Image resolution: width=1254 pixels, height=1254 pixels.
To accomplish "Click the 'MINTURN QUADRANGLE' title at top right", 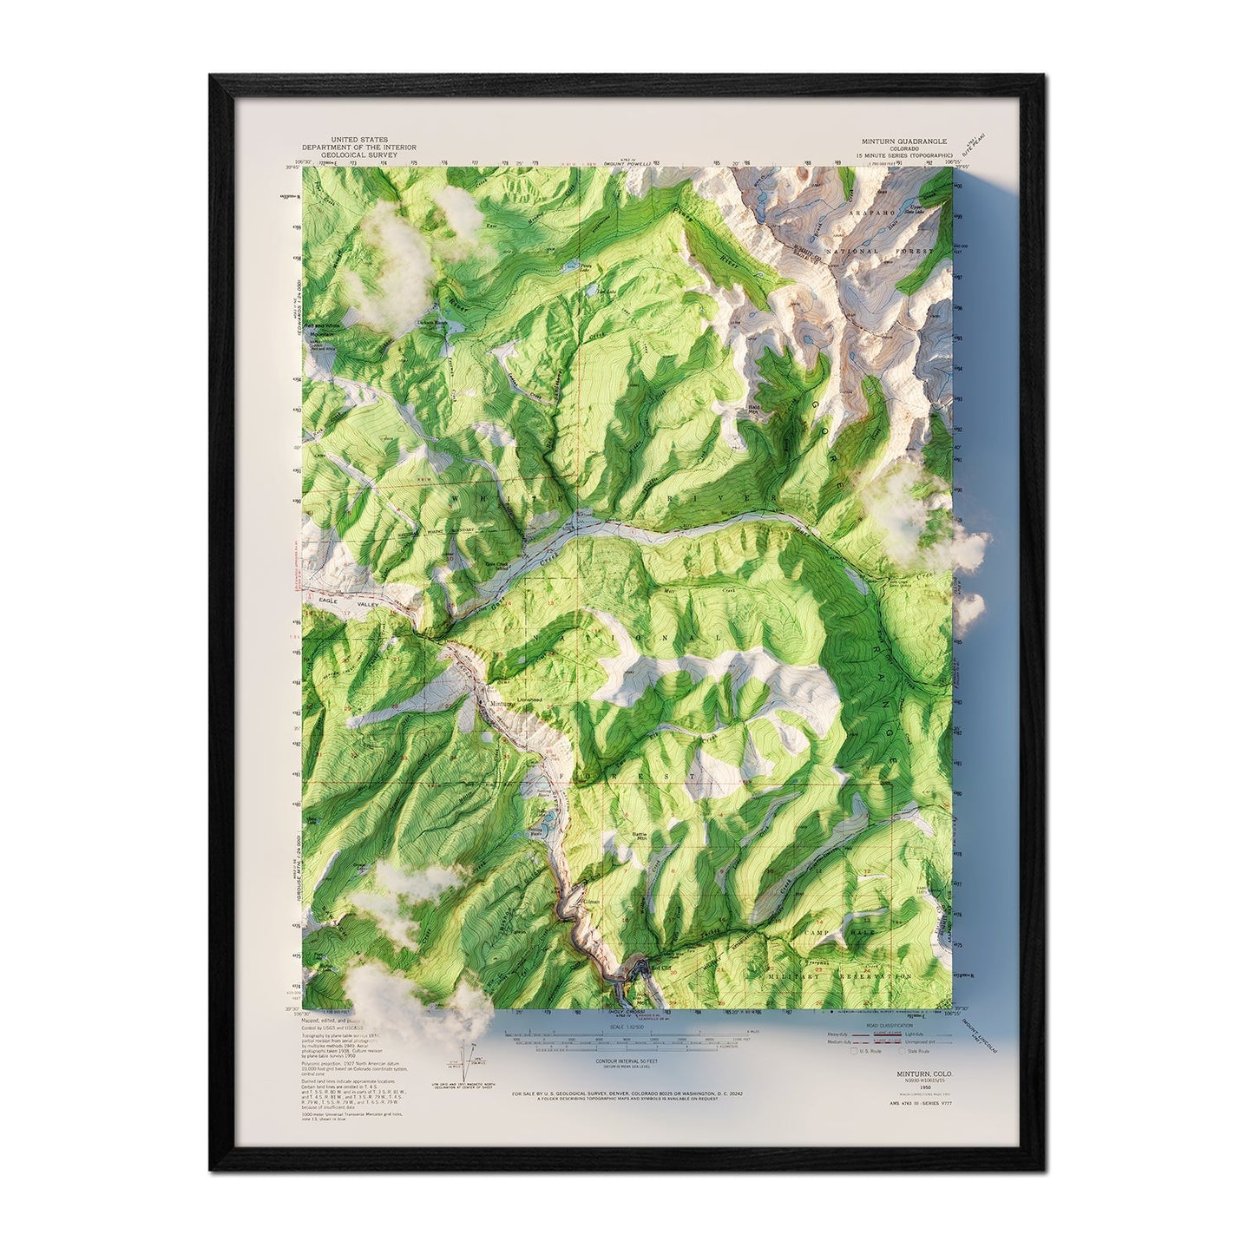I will click(904, 141).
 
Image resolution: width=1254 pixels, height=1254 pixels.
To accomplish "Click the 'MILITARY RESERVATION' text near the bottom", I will click(840, 976).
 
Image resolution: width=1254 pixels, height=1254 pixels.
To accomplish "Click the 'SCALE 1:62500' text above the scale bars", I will click(617, 1027).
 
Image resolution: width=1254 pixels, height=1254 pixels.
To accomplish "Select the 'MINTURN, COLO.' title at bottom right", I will click(924, 1073).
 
